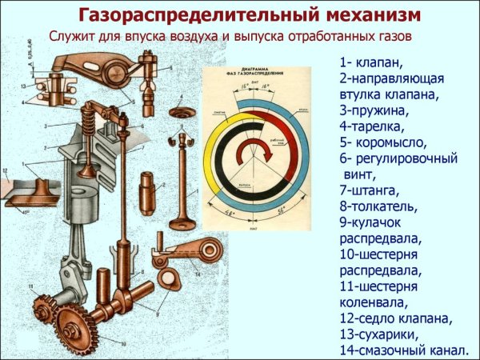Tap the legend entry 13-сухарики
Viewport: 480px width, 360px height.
pos(385,334)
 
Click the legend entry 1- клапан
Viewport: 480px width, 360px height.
pos(371,62)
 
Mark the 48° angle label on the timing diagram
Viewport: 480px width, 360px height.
pos(233,214)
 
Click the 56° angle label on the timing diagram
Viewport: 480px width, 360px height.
pos(282,214)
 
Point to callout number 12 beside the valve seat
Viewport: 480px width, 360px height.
pos(6,170)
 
